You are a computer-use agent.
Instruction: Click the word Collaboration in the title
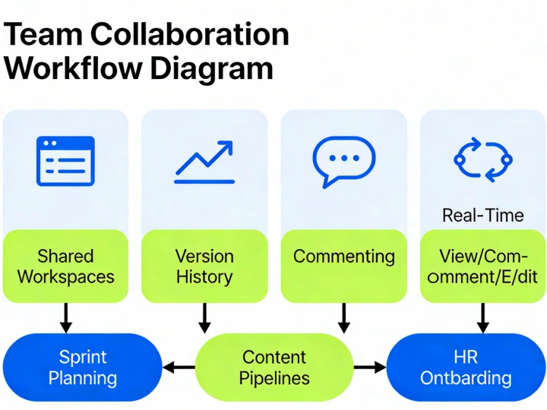190,35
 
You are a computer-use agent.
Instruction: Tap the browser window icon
65,161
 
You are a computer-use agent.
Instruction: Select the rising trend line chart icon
204,161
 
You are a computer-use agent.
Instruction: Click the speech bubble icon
343,161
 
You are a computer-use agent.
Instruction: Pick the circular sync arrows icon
482,159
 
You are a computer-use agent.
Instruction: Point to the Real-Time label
482,215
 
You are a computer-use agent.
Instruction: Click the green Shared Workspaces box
65,266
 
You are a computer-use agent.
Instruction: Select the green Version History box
204,266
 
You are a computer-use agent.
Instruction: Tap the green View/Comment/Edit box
482,266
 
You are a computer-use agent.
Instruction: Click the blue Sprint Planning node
83,367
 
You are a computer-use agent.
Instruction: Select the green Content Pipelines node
274,367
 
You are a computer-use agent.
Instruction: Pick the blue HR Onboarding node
466,367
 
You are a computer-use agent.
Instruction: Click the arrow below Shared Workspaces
66,317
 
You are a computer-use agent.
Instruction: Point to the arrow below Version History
204,317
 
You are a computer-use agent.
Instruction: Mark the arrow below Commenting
343,317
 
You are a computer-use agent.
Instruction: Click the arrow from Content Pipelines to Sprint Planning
179,368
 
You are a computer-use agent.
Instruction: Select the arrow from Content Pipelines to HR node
370,368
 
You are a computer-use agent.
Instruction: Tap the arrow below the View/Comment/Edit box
482,317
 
